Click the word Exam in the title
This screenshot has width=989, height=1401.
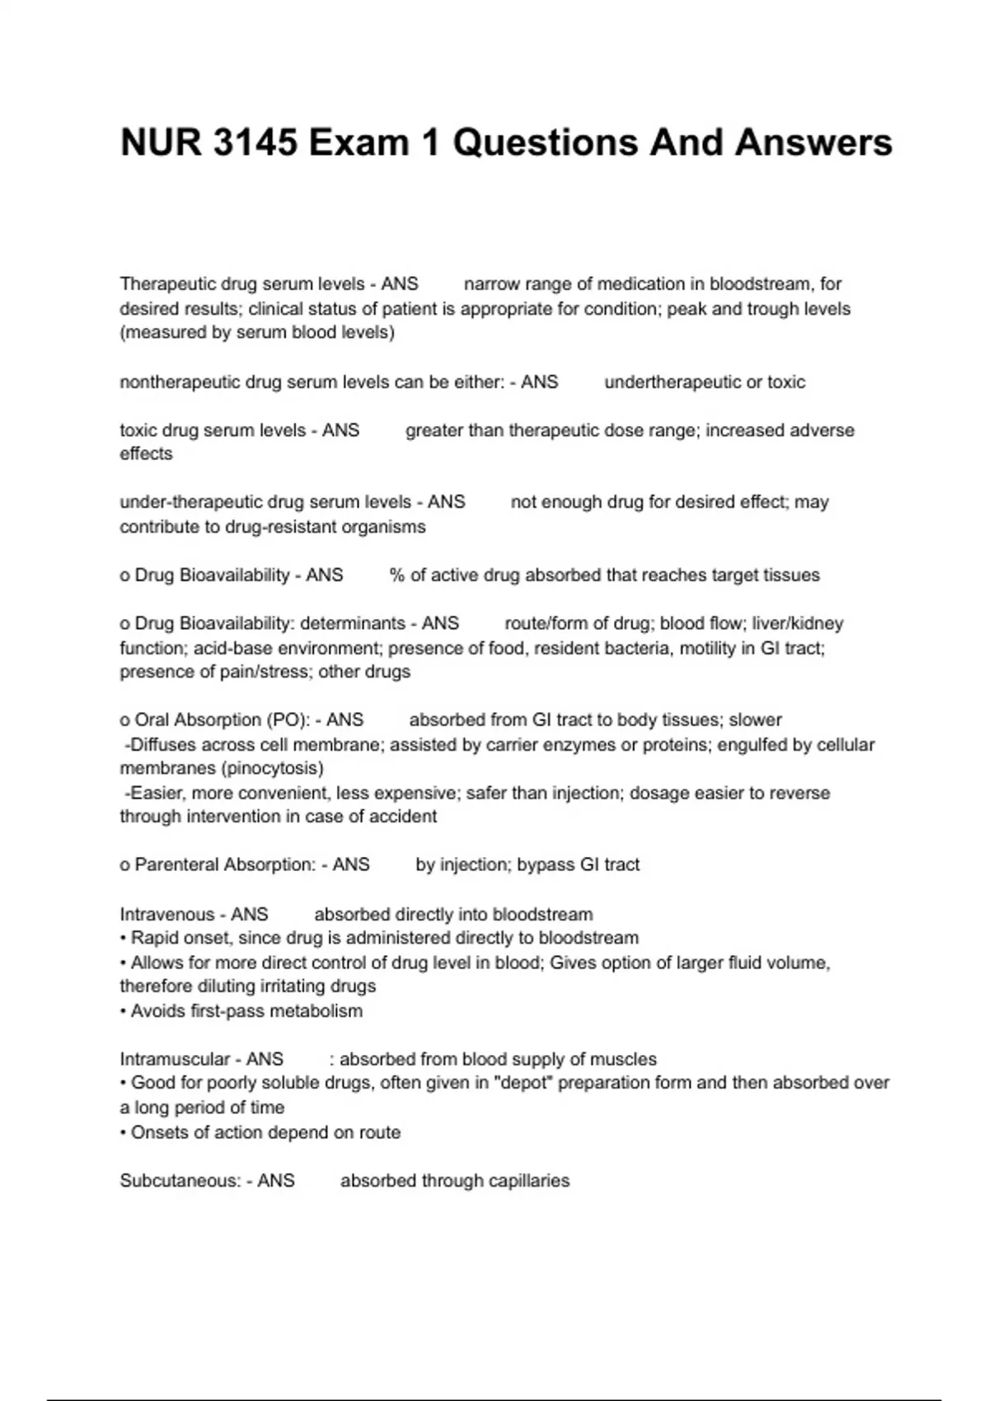pyautogui.click(x=359, y=143)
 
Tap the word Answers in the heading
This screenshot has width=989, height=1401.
pyautogui.click(x=813, y=143)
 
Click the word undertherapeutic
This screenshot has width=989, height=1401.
pyautogui.click(x=668, y=382)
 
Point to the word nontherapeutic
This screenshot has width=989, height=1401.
pyautogui.click(x=178, y=382)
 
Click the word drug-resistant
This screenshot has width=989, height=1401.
pyautogui.click(x=280, y=527)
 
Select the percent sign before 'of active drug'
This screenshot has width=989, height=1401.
pyautogui.click(x=397, y=575)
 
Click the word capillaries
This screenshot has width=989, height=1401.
pyautogui.click(x=528, y=1181)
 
